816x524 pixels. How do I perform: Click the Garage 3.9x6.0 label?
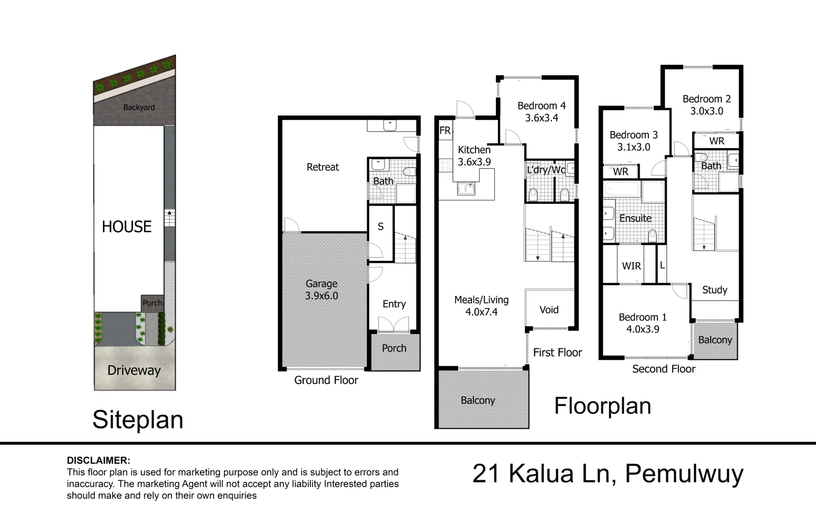322,290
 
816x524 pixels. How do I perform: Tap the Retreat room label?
323,167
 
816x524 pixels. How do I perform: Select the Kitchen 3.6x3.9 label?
474,156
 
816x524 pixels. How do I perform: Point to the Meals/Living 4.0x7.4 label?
481,306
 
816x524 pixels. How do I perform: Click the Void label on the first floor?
549,310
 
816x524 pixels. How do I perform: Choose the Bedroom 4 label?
542,106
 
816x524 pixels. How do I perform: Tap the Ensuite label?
635,218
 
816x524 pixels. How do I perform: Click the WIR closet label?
631,266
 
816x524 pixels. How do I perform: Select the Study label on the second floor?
715,290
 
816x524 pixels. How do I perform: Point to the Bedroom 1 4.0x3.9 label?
643,323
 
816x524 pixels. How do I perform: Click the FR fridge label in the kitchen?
445,130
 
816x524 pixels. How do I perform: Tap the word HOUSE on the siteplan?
127,227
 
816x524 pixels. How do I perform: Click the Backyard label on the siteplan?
139,107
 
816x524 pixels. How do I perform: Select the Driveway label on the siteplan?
134,371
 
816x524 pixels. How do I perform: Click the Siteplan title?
138,420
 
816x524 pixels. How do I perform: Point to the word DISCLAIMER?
98,461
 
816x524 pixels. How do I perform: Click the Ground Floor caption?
326,380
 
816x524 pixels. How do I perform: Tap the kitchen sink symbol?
466,188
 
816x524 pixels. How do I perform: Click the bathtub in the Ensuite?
622,189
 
